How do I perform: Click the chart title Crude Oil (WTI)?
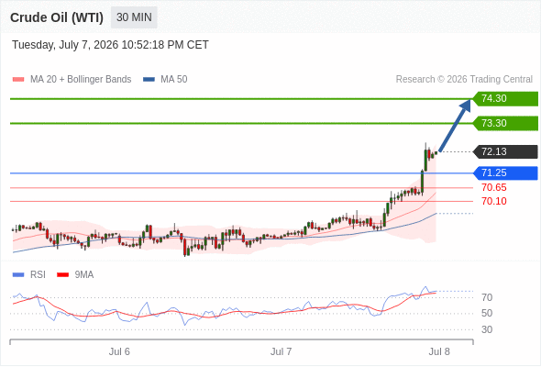[57, 17]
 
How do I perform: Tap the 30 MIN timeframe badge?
[134, 17]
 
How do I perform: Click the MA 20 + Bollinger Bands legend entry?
[72, 80]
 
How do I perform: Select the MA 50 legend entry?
[165, 80]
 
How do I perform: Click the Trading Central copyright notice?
[464, 80]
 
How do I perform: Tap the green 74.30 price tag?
[505, 99]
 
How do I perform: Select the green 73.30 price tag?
[505, 123]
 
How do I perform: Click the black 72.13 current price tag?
[505, 151]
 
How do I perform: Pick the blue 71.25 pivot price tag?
[505, 173]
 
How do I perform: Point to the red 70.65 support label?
[494, 187]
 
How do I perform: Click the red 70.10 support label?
[494, 201]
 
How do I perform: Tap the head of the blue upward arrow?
[469, 99]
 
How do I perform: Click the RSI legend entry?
[29, 275]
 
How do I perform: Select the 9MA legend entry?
[75, 275]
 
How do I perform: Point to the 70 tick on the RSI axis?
[487, 297]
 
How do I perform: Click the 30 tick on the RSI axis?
[487, 329]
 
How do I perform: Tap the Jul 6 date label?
[119, 351]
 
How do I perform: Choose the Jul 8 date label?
[439, 351]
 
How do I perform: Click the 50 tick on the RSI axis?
[487, 314]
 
